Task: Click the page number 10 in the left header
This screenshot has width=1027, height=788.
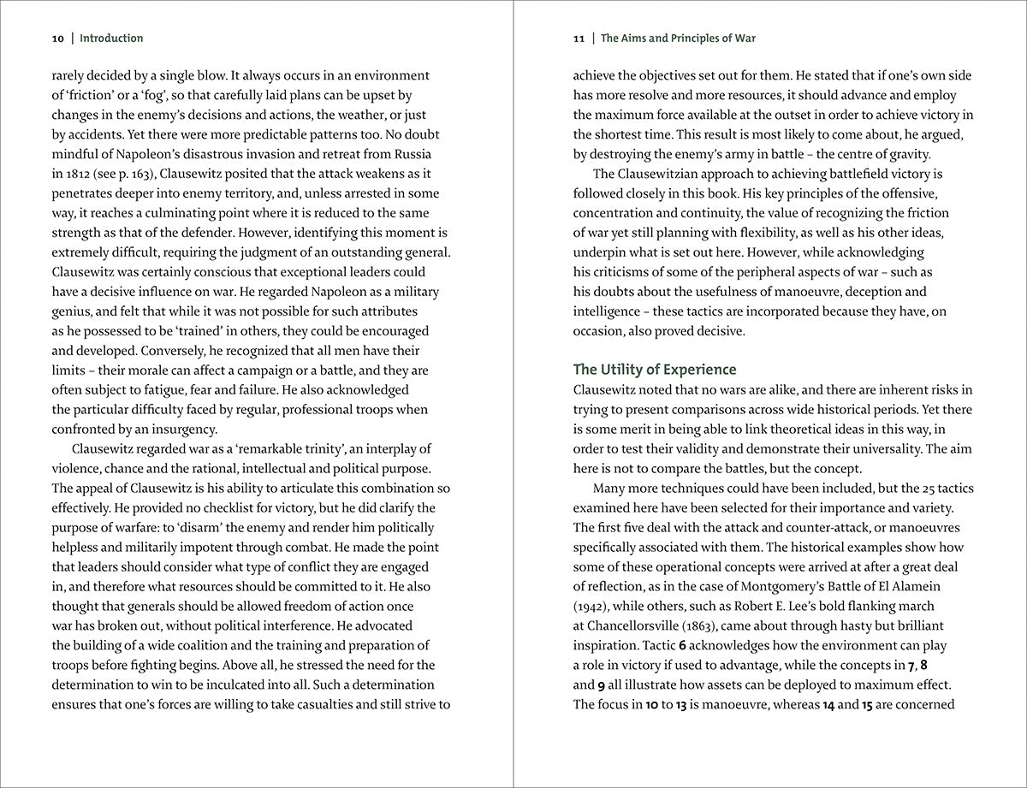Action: click(x=57, y=39)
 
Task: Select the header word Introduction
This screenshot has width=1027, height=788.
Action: click(x=111, y=39)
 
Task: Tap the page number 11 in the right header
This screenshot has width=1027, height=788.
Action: click(x=579, y=39)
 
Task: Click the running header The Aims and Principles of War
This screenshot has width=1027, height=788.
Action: click(x=678, y=39)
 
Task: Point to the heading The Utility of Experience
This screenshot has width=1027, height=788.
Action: click(x=654, y=370)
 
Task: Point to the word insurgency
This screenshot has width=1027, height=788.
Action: click(x=185, y=430)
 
